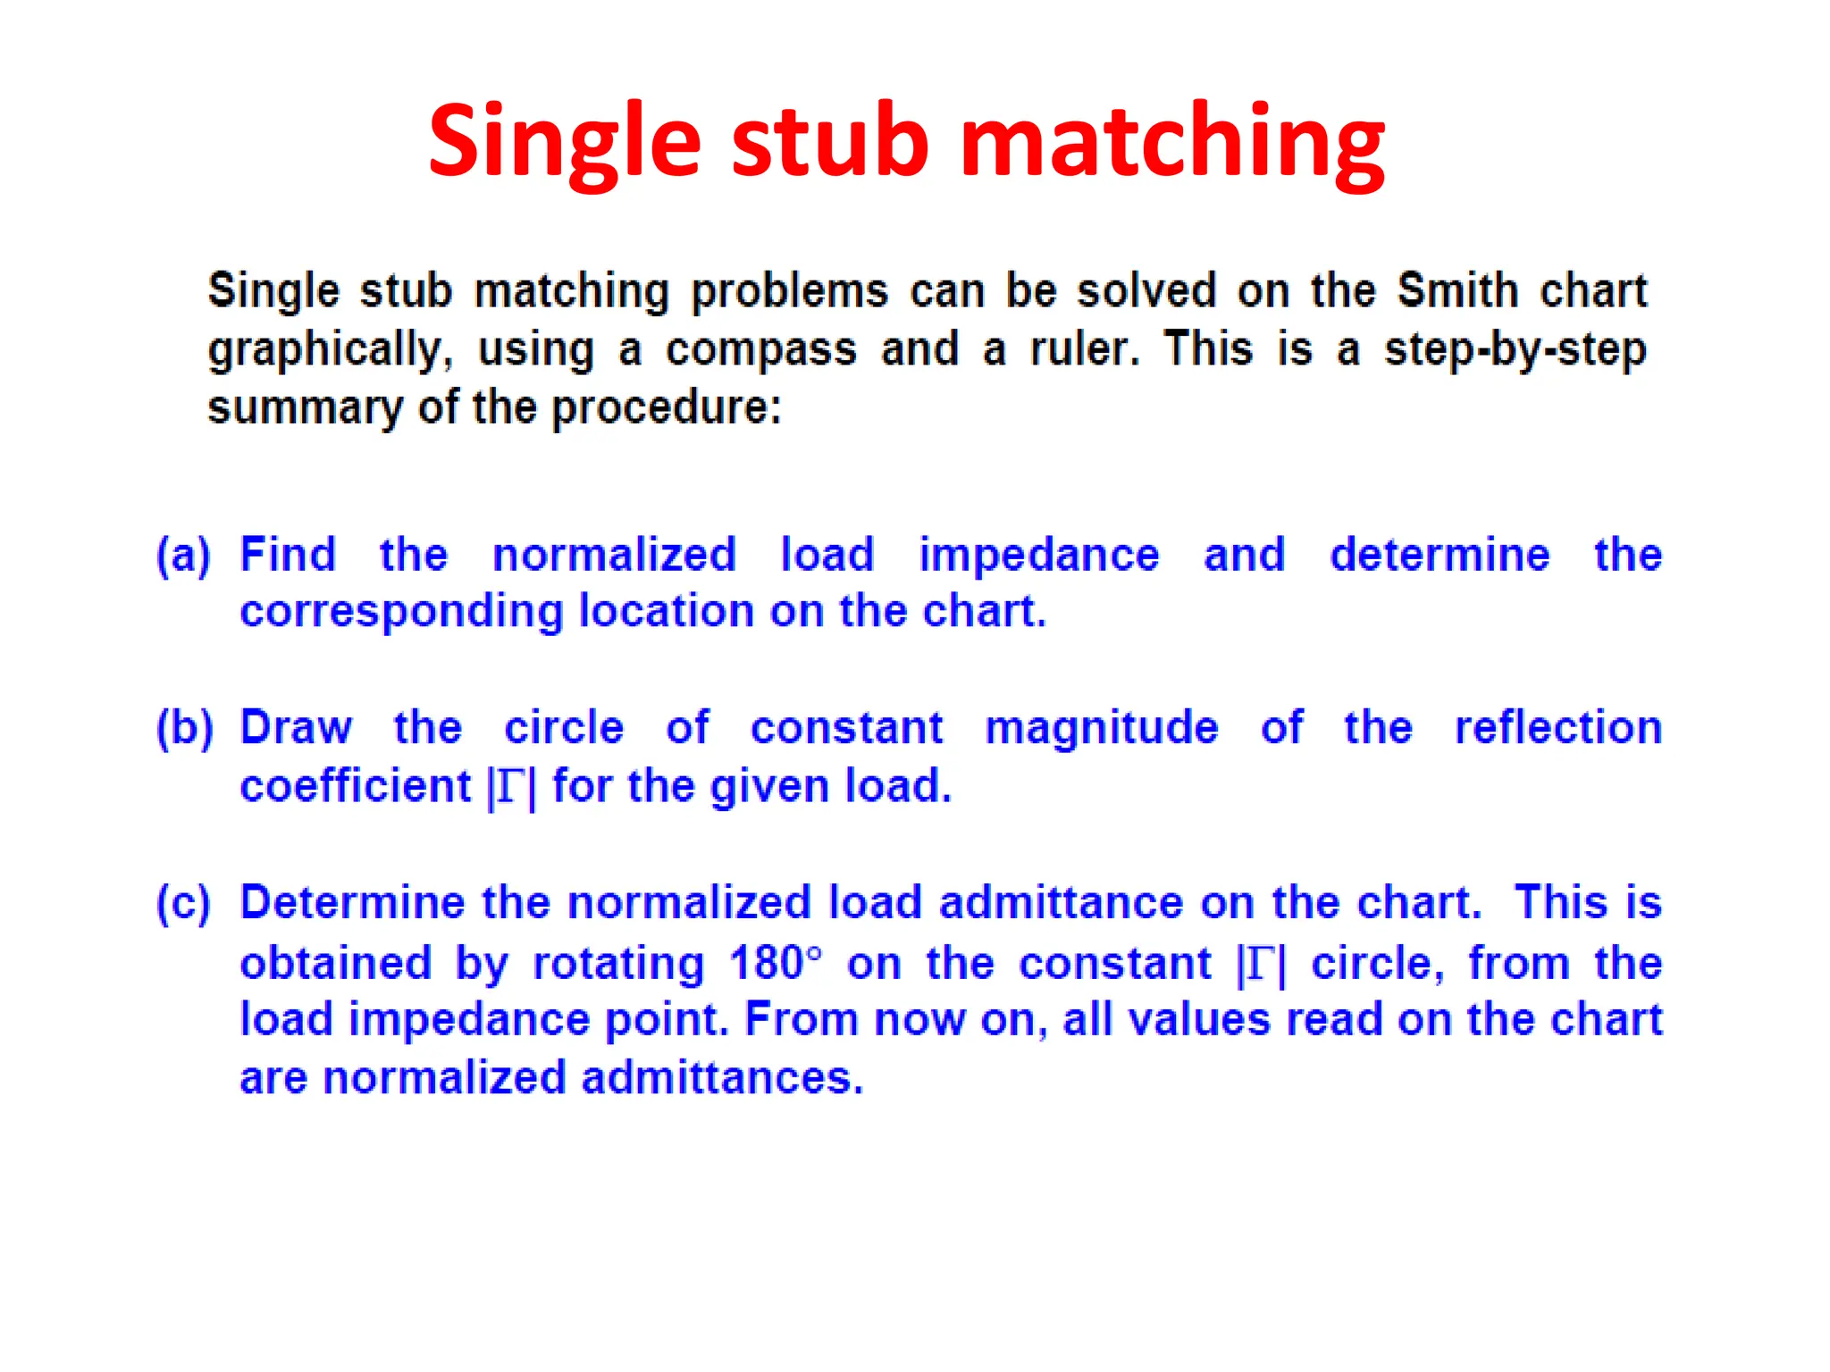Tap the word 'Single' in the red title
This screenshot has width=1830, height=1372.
pos(564,143)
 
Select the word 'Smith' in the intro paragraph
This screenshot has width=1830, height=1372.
pos(1457,290)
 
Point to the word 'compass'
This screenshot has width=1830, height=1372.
pos(760,349)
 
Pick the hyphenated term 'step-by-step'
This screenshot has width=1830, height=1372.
pos(1515,349)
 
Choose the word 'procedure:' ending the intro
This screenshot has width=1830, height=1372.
pos(666,408)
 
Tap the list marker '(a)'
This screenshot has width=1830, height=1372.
pos(184,555)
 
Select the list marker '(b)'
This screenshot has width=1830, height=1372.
pos(185,728)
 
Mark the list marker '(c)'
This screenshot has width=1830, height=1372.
pos(184,903)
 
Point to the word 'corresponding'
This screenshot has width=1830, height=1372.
pos(401,612)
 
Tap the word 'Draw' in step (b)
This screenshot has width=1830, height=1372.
pos(296,727)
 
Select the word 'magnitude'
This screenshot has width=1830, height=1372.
pos(1102,727)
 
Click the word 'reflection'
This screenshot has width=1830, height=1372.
pos(1557,727)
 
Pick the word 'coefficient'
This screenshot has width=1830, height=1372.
pos(355,786)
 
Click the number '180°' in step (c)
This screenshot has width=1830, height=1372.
pos(775,963)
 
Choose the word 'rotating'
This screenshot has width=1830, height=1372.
pos(618,964)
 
